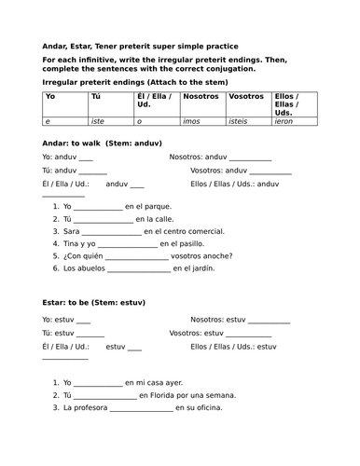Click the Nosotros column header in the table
(201, 96)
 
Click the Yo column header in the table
(50, 96)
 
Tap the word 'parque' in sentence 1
(155, 206)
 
